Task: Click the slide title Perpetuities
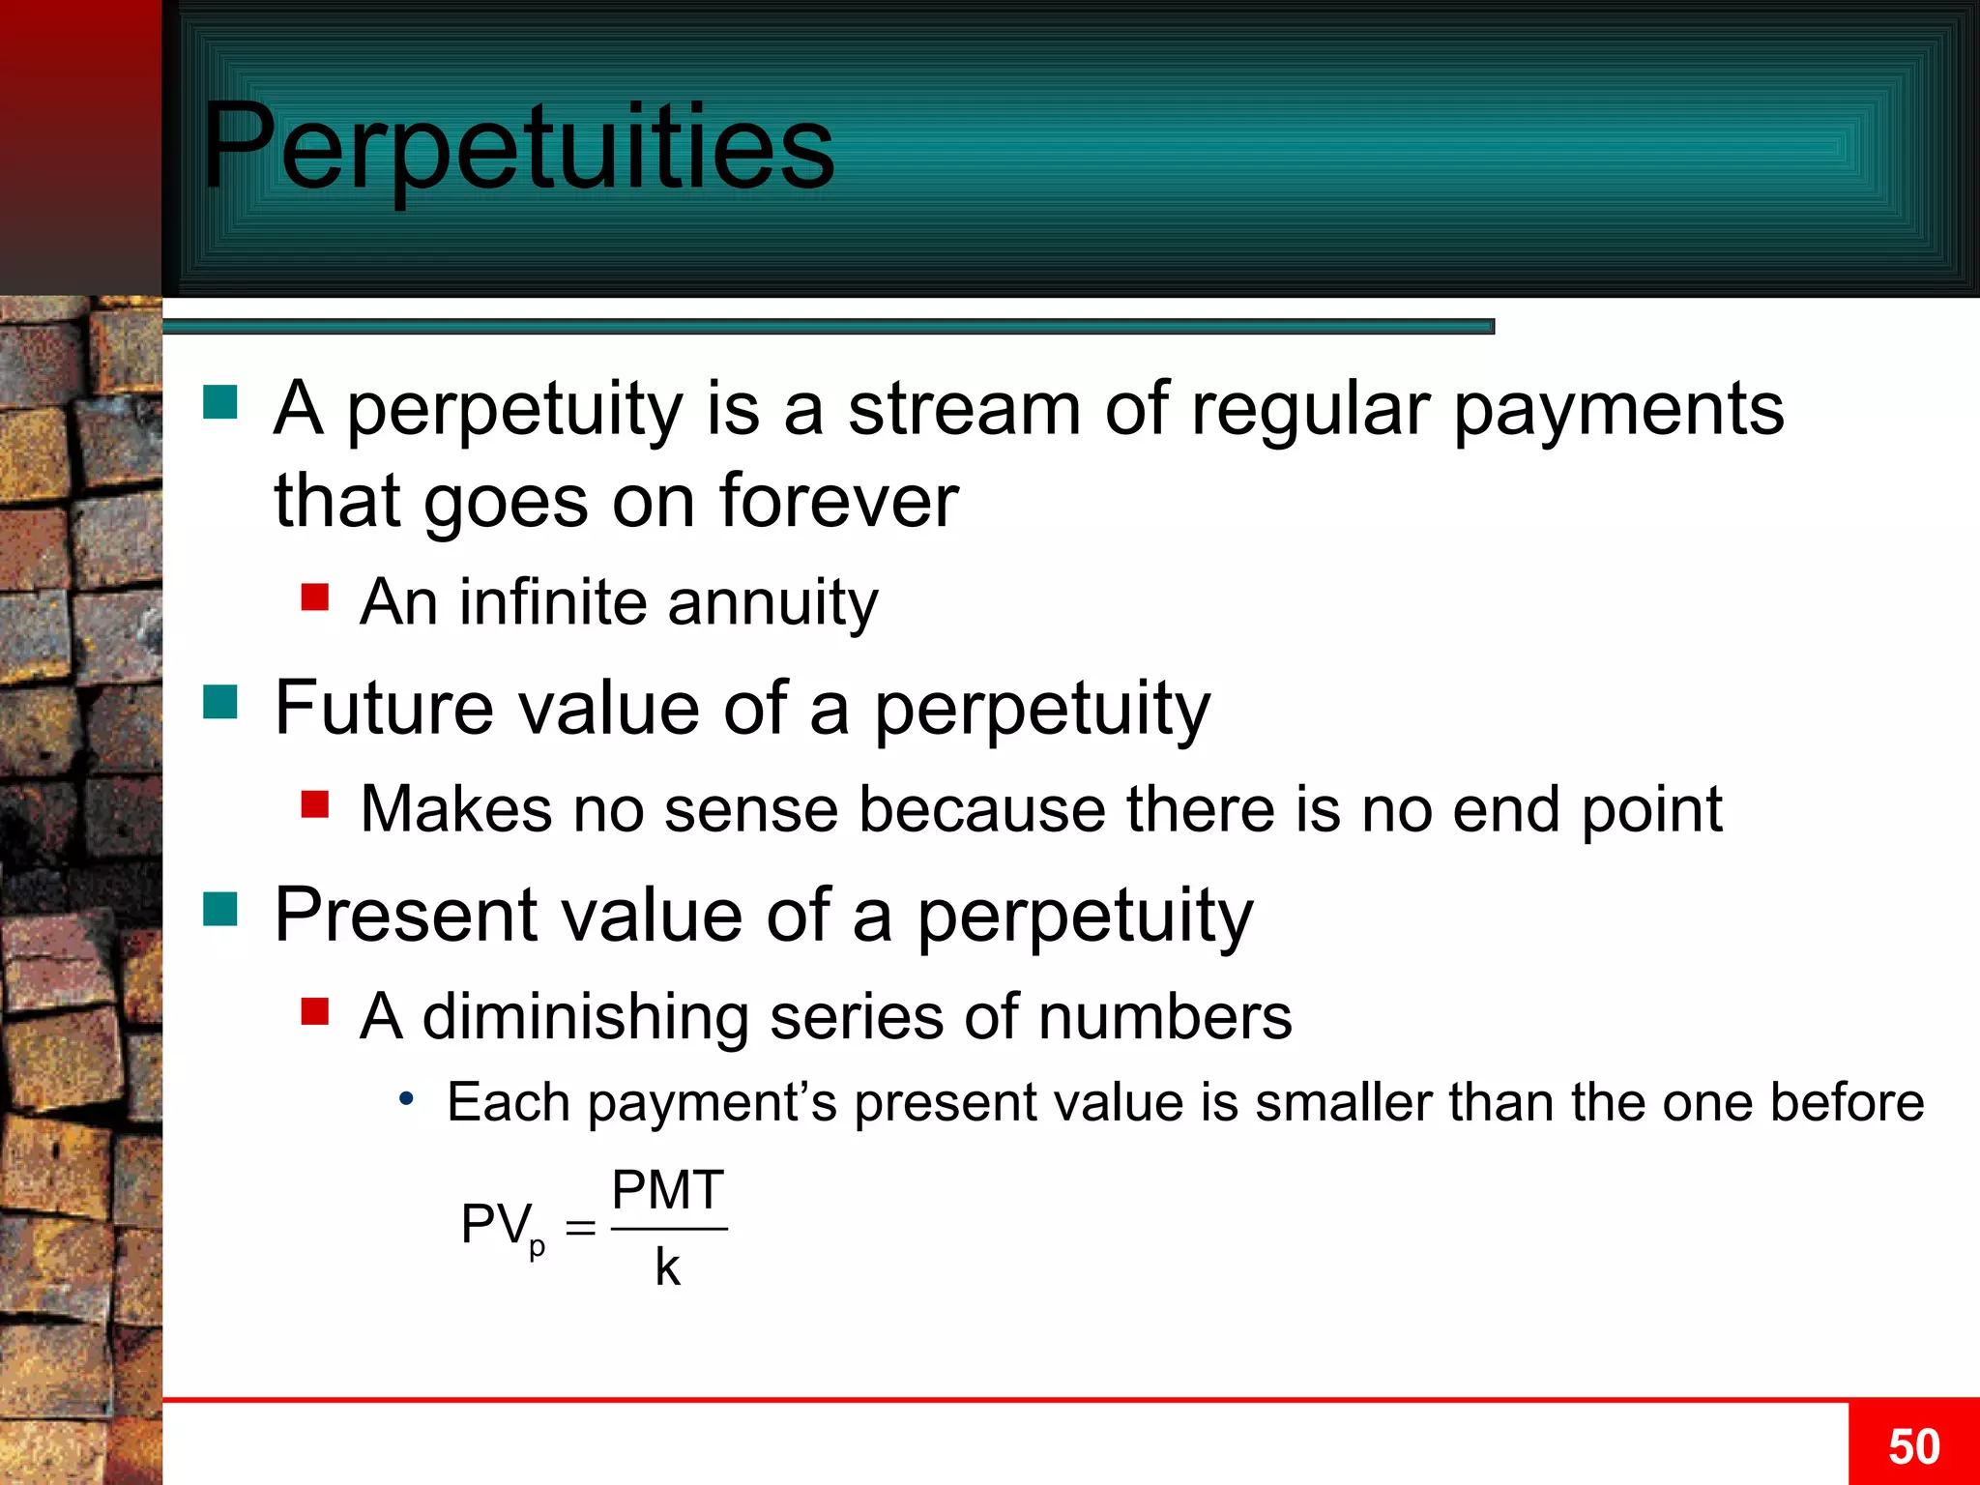coord(517,147)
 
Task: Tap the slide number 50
coord(1913,1446)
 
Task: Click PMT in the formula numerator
coord(668,1190)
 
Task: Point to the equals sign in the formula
coord(580,1229)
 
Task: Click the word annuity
coord(772,604)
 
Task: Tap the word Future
coord(385,708)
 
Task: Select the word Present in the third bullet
coord(406,915)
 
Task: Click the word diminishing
coord(585,1017)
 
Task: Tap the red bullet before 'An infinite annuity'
coord(314,597)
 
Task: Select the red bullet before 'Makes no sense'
coord(314,803)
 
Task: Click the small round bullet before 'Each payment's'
coord(407,1098)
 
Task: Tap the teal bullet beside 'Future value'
coord(220,702)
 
